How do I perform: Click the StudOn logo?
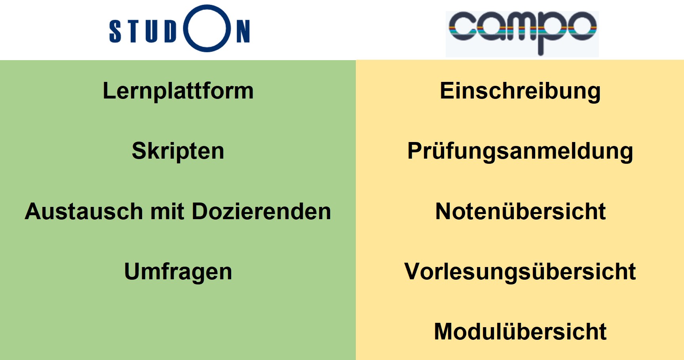pos(179,28)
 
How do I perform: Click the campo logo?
pos(522,33)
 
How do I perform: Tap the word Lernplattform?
pos(178,91)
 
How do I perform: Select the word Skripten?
pos(178,151)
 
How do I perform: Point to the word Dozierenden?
pos(261,211)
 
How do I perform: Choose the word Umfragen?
pos(178,272)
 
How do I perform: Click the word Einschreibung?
pos(520,91)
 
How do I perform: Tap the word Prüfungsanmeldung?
pos(520,151)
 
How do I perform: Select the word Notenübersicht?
pos(520,211)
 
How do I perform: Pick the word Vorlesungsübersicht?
pos(520,272)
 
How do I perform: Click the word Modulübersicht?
pos(520,332)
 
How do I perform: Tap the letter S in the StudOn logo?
pos(115,31)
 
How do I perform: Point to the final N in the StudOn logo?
pos(243,31)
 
